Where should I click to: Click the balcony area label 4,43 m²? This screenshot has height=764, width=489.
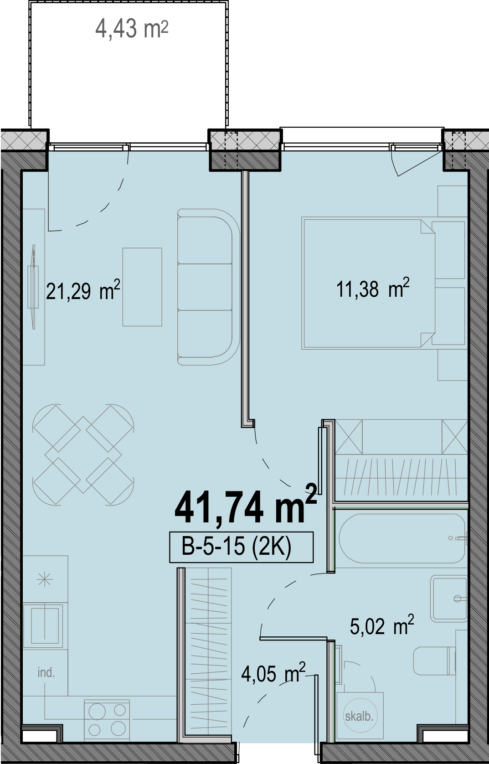(x=132, y=29)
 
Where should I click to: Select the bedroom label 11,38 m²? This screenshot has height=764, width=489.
(x=373, y=288)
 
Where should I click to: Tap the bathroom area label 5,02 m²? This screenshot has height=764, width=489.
(x=382, y=625)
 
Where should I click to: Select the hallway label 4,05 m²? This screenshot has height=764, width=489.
(x=273, y=672)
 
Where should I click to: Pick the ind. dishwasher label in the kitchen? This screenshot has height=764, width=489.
(x=46, y=672)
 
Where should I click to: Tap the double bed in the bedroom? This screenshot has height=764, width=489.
(x=368, y=284)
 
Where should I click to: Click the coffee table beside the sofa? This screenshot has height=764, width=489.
(x=142, y=287)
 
